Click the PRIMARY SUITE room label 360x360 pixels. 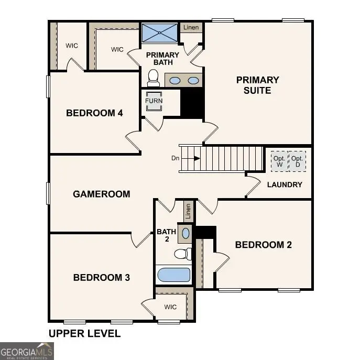pyautogui.click(x=257, y=85)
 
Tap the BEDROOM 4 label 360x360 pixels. pyautogui.click(x=94, y=113)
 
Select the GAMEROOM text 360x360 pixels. pyautogui.click(x=101, y=194)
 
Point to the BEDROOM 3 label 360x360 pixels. pyautogui.click(x=101, y=277)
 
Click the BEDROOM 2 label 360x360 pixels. pyautogui.click(x=263, y=245)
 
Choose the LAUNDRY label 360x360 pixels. pyautogui.click(x=285, y=184)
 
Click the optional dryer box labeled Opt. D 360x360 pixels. pyautogui.click(x=297, y=161)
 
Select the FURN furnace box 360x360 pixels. pyautogui.click(x=154, y=101)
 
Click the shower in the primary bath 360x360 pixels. pyautogui.click(x=160, y=33)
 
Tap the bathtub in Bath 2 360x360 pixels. pyautogui.click(x=173, y=275)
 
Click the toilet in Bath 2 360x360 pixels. pyautogui.click(x=182, y=254)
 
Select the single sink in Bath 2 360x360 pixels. pyautogui.click(x=186, y=232)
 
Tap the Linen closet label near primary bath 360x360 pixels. pyautogui.click(x=191, y=27)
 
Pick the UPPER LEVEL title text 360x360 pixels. pyautogui.click(x=84, y=333)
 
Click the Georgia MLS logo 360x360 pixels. pyautogui.click(x=26, y=351)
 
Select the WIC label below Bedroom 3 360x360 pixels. pyautogui.click(x=170, y=307)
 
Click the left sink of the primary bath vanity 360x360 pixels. pyautogui.click(x=175, y=80)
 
